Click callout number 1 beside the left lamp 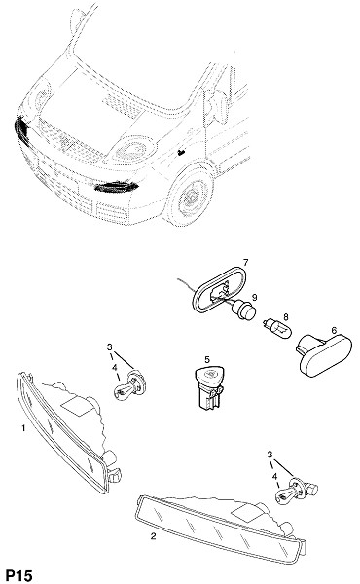(23, 428)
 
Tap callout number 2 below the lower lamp (153, 536)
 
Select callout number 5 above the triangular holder (207, 359)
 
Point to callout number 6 (334, 330)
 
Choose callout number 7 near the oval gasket (246, 263)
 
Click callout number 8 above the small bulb (286, 317)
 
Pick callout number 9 (254, 297)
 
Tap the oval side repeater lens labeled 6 (325, 354)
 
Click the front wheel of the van (191, 196)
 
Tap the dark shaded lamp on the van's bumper (117, 186)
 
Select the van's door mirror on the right (218, 107)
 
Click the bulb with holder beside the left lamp (129, 385)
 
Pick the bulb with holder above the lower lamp (297, 491)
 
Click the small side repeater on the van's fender (181, 152)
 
